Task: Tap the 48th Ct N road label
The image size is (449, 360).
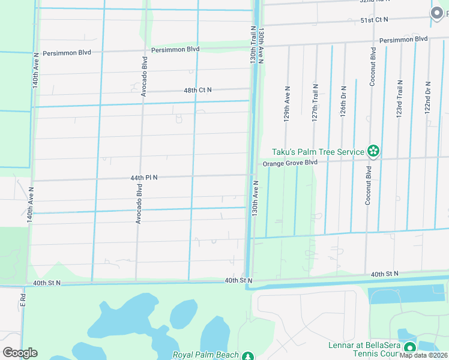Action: click(x=197, y=90)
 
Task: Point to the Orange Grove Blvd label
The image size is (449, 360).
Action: click(x=289, y=163)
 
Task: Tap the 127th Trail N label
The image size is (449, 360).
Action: click(x=315, y=103)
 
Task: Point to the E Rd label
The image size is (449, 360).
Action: click(x=23, y=300)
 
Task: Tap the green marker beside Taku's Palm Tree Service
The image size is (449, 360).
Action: click(x=373, y=152)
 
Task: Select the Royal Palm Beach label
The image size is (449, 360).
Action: click(x=206, y=355)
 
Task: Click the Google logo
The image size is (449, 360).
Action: click(x=20, y=353)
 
